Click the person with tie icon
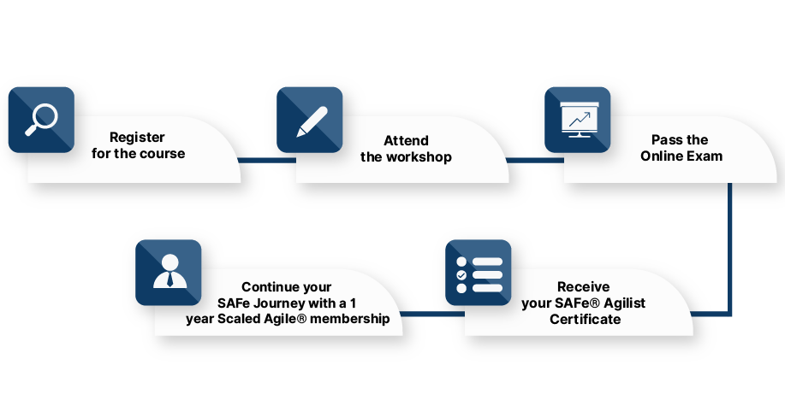(x=169, y=272)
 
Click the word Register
(x=137, y=138)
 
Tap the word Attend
(x=406, y=140)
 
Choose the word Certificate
(x=585, y=320)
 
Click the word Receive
(x=584, y=287)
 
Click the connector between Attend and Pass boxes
(x=529, y=159)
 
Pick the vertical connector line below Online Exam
(x=730, y=248)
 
